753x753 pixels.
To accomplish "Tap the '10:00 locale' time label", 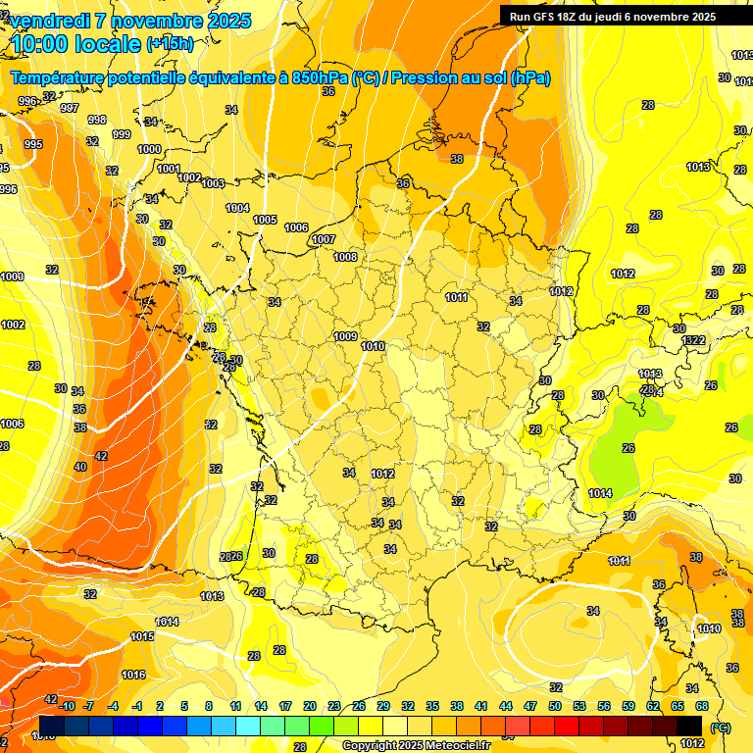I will pyautogui.click(x=76, y=44).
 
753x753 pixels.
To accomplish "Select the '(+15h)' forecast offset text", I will pyautogui.click(x=170, y=44).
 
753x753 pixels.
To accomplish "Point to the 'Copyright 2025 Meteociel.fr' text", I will pyautogui.click(x=417, y=745).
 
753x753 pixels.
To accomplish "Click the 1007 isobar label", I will pyautogui.click(x=324, y=239).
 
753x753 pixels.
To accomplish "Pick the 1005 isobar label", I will pyautogui.click(x=265, y=220).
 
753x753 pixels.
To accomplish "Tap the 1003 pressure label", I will pyautogui.click(x=213, y=183).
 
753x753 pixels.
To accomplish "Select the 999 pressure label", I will pyautogui.click(x=122, y=134).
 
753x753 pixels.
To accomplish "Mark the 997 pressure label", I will pyautogui.click(x=70, y=108).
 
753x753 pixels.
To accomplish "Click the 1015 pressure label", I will pyautogui.click(x=142, y=636).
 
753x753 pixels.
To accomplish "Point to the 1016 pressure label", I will pyautogui.click(x=133, y=675).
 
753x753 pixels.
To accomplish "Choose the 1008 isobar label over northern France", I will pyautogui.click(x=345, y=257).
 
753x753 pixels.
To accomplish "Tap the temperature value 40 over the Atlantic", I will pyautogui.click(x=80, y=467).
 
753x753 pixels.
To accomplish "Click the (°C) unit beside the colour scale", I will pyautogui.click(x=721, y=727).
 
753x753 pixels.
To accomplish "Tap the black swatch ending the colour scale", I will pyautogui.click(x=689, y=724).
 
